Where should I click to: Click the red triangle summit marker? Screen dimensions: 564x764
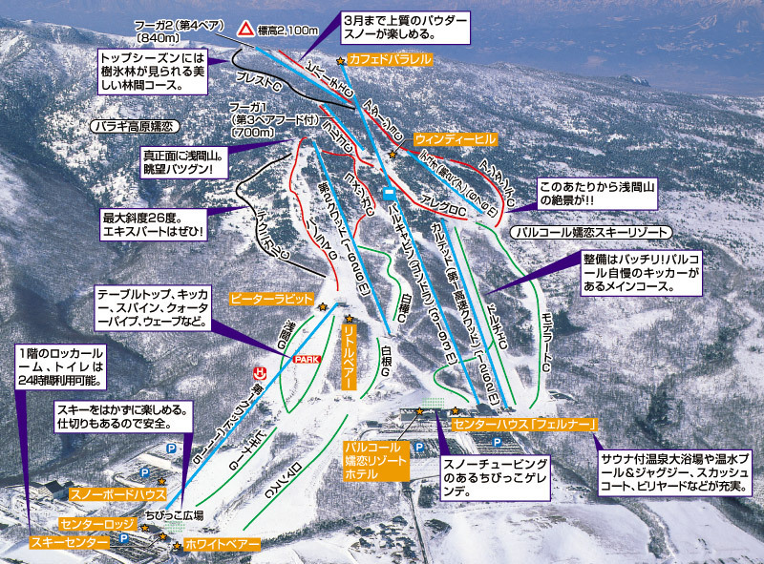pyautogui.click(x=245, y=31)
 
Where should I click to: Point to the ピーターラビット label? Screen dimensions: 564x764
pyautogui.click(x=271, y=298)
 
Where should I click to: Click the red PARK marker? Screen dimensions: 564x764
pyautogui.click(x=306, y=359)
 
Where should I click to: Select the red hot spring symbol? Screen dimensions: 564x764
pyautogui.click(x=256, y=370)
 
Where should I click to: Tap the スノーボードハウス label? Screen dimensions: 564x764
pyautogui.click(x=117, y=494)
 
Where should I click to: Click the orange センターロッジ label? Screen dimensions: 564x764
pyautogui.click(x=95, y=524)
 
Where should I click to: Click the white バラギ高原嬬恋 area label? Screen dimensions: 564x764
pyautogui.click(x=134, y=125)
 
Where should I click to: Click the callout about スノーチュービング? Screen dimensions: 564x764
pyautogui.click(x=496, y=473)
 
